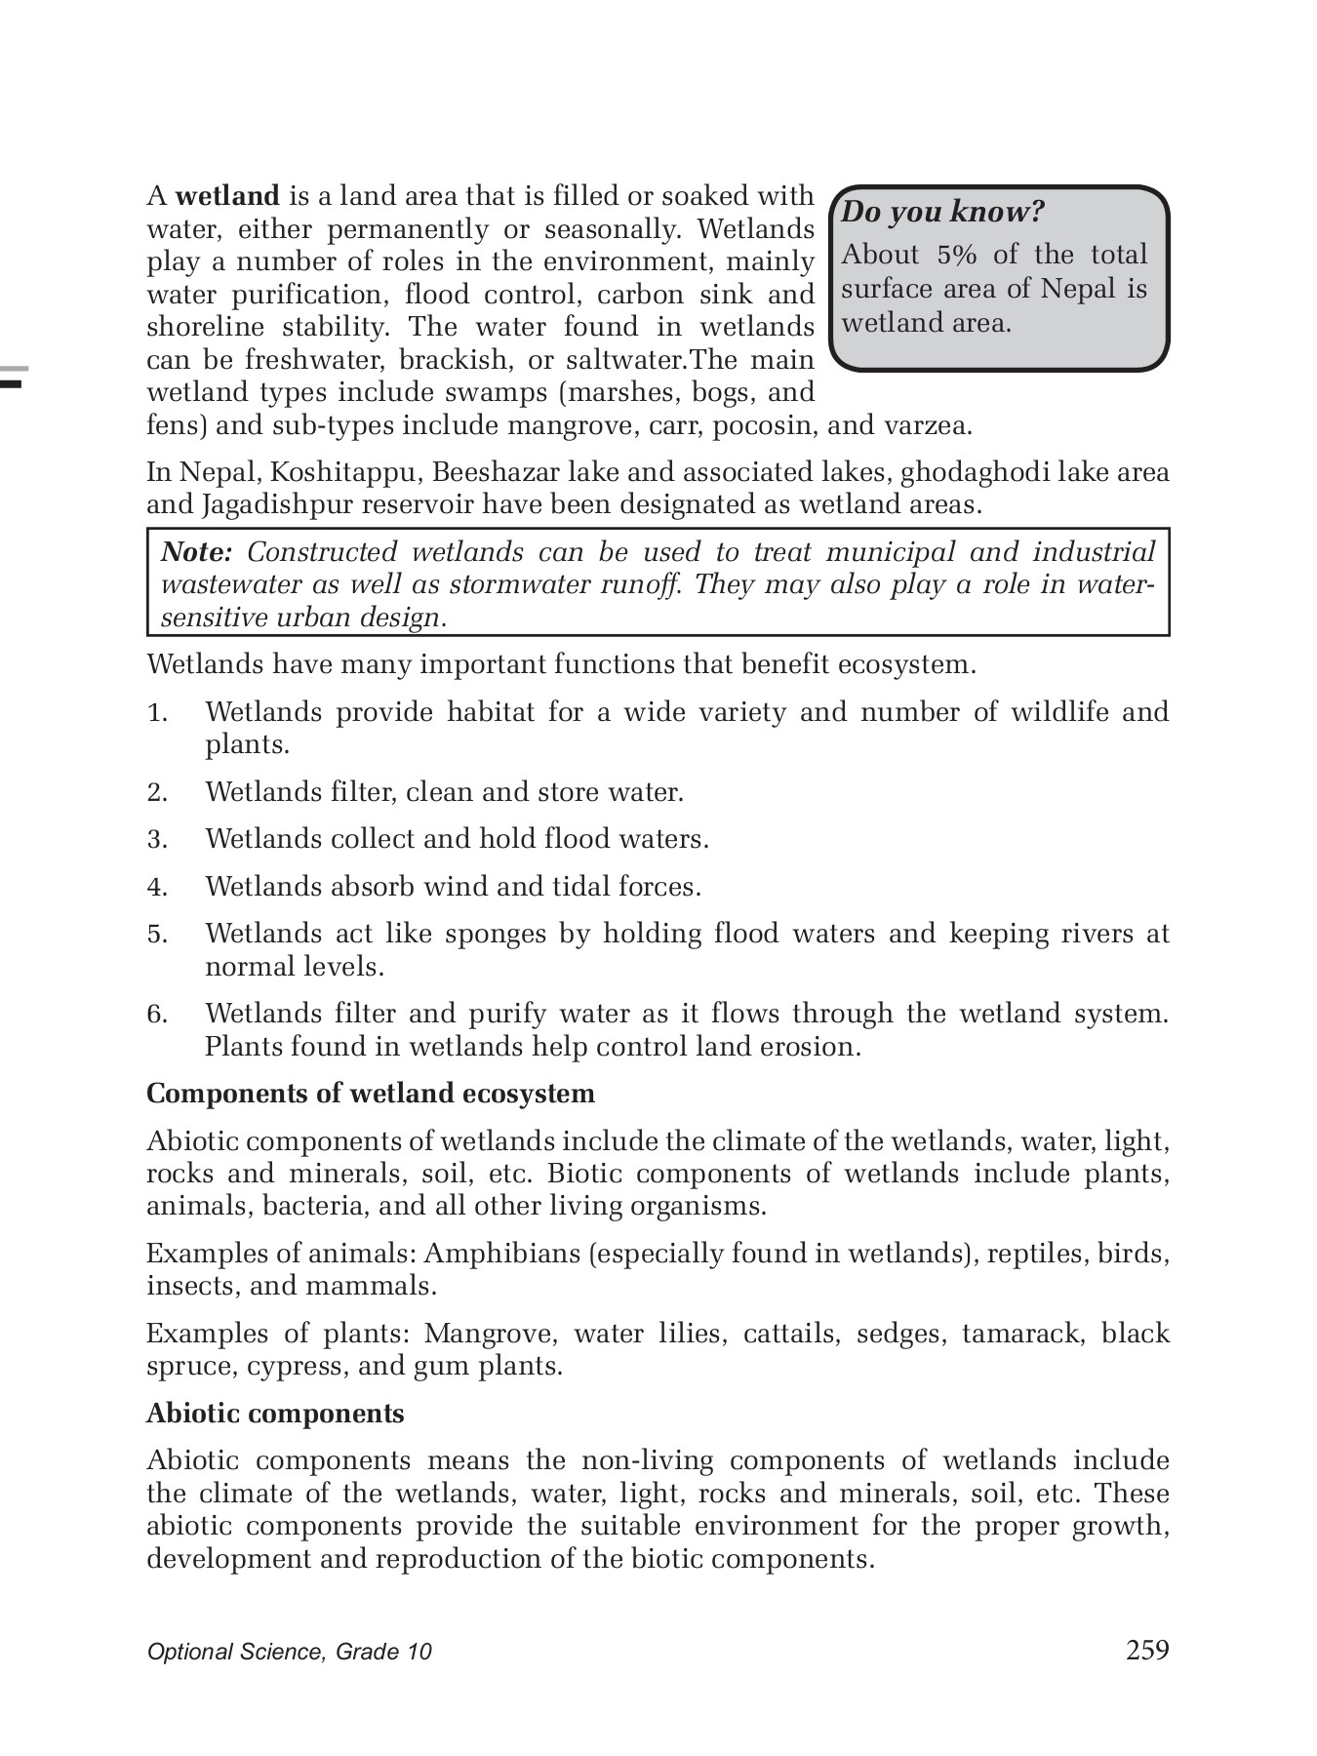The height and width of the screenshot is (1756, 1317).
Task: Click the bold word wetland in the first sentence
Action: click(x=227, y=196)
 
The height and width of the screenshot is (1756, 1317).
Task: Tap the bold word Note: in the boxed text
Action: click(x=196, y=552)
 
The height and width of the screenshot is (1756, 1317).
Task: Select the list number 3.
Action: click(x=158, y=840)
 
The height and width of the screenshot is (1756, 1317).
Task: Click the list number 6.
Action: click(x=158, y=1015)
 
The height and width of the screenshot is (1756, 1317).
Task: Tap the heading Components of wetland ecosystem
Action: click(x=371, y=1094)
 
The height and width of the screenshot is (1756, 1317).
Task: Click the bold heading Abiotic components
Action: click(x=275, y=1414)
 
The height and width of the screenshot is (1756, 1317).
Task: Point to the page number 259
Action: click(x=1147, y=1650)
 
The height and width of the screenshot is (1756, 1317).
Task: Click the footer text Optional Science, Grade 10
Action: click(x=289, y=1652)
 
